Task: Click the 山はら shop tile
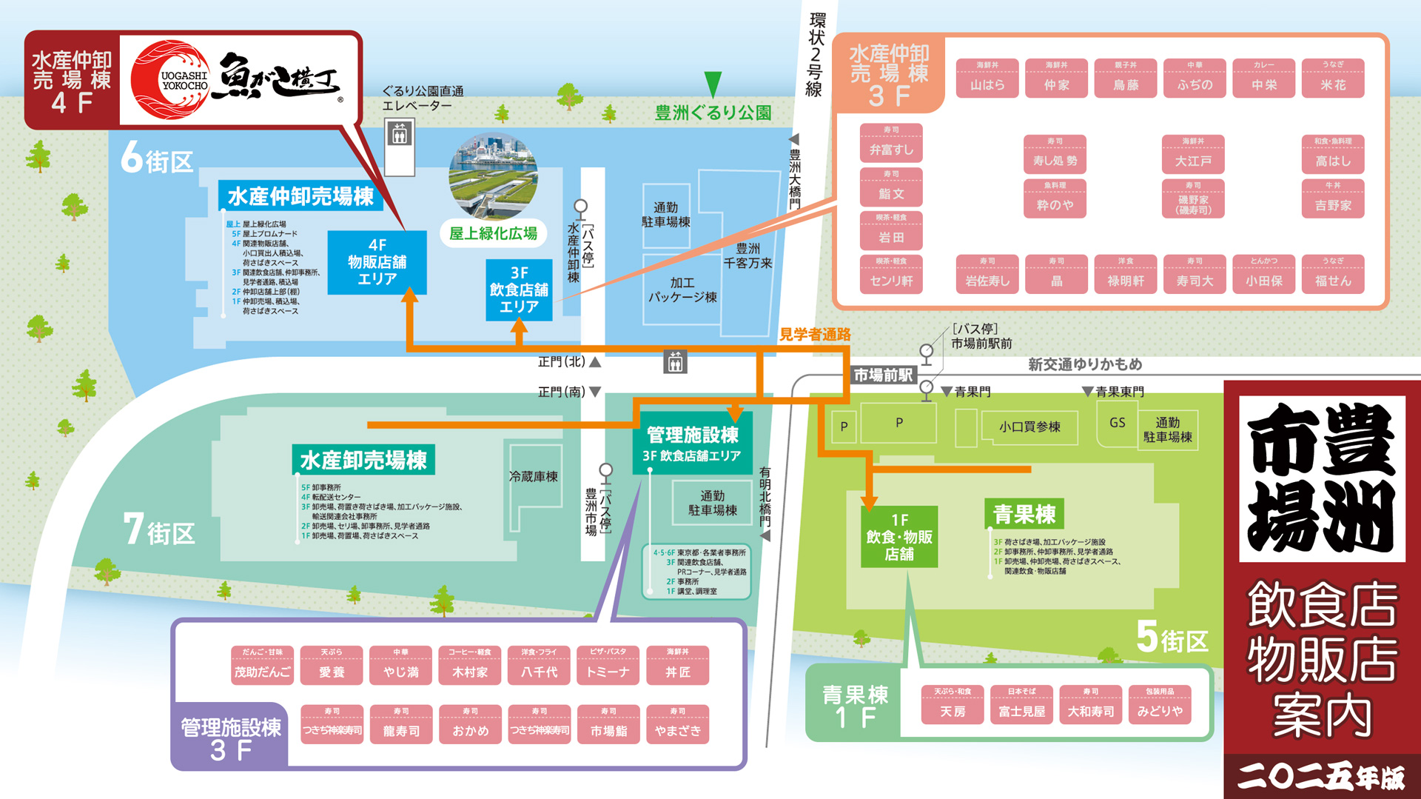(987, 78)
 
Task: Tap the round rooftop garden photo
(493, 176)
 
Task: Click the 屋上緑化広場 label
(493, 233)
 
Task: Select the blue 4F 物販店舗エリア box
(377, 262)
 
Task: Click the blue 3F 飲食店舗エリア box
(519, 290)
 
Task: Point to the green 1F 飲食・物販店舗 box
(899, 537)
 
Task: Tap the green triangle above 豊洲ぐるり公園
(713, 84)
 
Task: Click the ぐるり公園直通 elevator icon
(400, 136)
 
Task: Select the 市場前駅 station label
(883, 375)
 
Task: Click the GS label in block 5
(1117, 423)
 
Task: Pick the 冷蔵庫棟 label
(533, 476)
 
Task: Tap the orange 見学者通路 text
(815, 335)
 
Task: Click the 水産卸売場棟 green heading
(363, 460)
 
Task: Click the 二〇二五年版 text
(1321, 777)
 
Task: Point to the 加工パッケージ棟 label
(682, 290)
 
